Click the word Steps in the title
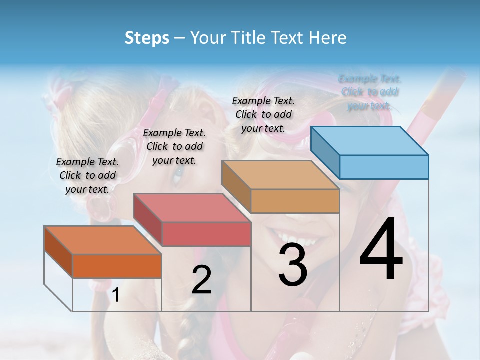pos(147,38)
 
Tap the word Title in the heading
pos(248,38)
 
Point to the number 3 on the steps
pos(293,265)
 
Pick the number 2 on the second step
pos(201,280)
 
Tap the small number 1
pos(115,295)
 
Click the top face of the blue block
pos(370,141)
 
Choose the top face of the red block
pos(192,208)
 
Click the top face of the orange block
pos(103,240)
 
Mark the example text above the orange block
pos(87,175)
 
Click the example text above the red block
pos(174,146)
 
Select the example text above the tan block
pos(263,114)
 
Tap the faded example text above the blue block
pos(369,92)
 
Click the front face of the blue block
pos(384,167)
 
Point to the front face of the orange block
pos(117,266)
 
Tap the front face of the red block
pos(206,234)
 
